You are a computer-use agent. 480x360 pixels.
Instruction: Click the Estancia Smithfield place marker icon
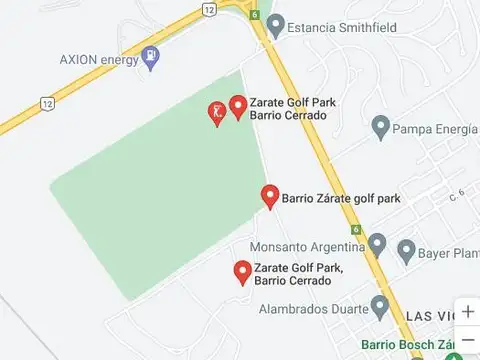pos(276,23)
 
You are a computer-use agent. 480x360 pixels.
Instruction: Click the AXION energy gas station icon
pos(151,58)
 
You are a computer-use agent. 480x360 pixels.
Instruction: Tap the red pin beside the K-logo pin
pos(238,106)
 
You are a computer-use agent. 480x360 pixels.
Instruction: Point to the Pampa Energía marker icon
pos(380,127)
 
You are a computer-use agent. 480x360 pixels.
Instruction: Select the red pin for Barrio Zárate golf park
pos(269,196)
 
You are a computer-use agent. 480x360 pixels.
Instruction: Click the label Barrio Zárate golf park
pos(341,198)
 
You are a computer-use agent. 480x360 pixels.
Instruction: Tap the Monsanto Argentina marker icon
pos(377,244)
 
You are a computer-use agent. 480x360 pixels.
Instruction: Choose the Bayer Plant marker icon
pos(406,248)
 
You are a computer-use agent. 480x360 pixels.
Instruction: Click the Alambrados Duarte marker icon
pos(379,304)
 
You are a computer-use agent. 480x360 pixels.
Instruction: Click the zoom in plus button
pos(467,311)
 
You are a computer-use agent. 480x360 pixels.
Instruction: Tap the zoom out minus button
pos(467,340)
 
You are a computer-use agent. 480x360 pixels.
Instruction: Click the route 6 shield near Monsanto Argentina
pos(356,229)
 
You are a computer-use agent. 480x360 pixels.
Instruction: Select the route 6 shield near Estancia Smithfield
pos(256,15)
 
